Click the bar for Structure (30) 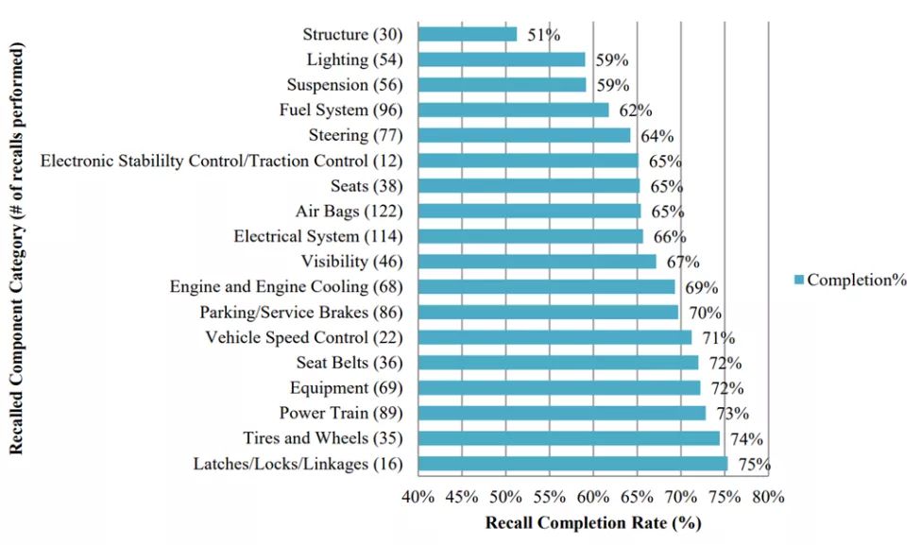click(x=468, y=34)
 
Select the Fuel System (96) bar click(x=513, y=110)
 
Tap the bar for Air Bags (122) click(x=529, y=211)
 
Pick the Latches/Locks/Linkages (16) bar click(x=572, y=464)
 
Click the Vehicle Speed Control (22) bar click(x=554, y=337)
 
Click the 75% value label click(x=755, y=465)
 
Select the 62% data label click(x=636, y=111)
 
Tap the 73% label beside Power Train click(x=733, y=414)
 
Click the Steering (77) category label click(x=355, y=135)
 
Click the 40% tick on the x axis click(x=418, y=497)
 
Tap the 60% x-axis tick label click(x=593, y=497)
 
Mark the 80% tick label click(x=768, y=497)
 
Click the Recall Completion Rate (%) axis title click(x=593, y=521)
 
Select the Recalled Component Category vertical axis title click(x=16, y=248)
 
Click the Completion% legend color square click(x=799, y=280)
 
